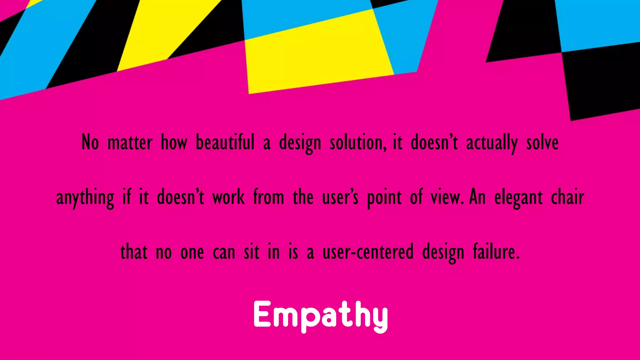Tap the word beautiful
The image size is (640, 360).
(225, 142)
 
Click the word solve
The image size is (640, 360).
(542, 142)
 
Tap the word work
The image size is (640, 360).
(228, 197)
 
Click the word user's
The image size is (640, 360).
(340, 197)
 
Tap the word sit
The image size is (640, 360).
(251, 252)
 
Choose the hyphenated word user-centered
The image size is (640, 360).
(368, 252)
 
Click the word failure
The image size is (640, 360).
(496, 252)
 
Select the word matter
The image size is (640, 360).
(130, 142)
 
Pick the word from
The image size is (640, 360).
(268, 197)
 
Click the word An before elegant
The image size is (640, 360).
(477, 197)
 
